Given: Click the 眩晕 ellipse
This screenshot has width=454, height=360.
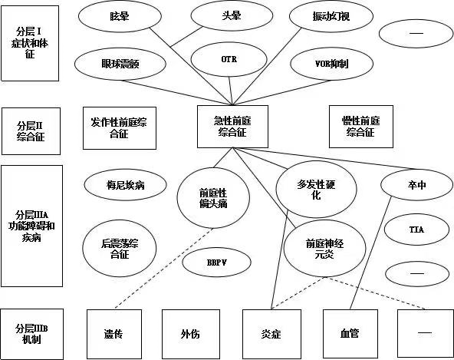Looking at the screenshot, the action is pos(120,16).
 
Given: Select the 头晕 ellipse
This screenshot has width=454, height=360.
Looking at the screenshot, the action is pos(232,15).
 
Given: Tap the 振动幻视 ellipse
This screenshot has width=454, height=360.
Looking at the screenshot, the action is pos(331,16).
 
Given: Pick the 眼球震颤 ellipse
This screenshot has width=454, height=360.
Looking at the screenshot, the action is pos(120,64).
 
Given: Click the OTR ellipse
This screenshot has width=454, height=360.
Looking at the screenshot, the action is pos(229,59).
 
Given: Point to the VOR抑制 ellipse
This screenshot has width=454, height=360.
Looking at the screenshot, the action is pos(331,64).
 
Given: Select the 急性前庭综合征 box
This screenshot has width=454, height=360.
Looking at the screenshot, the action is pos(232,127).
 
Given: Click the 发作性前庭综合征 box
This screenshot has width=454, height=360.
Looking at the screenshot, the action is pos(120,128).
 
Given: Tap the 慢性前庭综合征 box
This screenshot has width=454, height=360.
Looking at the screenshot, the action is pos(361,127).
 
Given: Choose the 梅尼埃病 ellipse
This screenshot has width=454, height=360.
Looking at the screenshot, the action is pos(125,185).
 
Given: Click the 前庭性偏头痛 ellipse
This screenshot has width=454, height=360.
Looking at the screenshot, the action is pos(213,198).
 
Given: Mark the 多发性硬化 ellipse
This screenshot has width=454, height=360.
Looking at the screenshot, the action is pos(316,190).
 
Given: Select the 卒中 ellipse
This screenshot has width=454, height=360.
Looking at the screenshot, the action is pos(416,185).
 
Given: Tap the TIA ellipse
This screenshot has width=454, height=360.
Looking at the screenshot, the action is pos(416,230).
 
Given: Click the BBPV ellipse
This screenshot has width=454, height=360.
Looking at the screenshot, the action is pos(216,263).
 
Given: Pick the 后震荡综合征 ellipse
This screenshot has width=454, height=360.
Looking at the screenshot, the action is pos(120,249).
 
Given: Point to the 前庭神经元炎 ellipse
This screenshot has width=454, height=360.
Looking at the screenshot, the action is pos(324,249).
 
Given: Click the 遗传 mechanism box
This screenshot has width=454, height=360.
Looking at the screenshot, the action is pos(114,334).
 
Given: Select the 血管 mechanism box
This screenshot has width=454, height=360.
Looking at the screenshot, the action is pos(350,334).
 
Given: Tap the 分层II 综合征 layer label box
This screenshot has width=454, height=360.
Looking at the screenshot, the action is pos(31,131).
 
